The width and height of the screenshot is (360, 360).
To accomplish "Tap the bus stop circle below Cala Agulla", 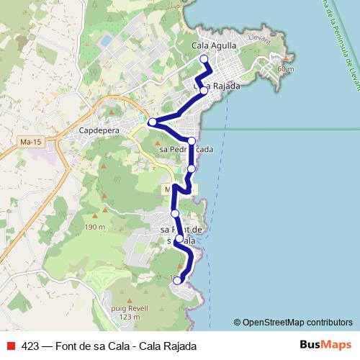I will click(204, 60).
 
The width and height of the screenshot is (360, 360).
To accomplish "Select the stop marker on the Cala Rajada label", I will click(204, 91).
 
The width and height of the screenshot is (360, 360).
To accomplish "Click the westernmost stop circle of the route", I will click(152, 122).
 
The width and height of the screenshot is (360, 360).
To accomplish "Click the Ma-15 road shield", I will click(30, 143).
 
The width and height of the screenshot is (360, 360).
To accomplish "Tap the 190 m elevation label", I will click(94, 227).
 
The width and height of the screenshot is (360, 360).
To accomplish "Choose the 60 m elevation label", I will click(285, 69).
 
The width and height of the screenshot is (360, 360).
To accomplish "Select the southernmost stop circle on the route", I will click(178, 281).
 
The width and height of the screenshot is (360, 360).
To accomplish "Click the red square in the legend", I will click(12, 346).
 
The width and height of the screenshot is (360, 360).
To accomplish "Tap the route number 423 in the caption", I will click(30, 346).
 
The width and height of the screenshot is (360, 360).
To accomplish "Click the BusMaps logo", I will click(325, 345).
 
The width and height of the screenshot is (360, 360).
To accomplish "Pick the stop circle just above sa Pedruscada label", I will click(192, 141).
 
